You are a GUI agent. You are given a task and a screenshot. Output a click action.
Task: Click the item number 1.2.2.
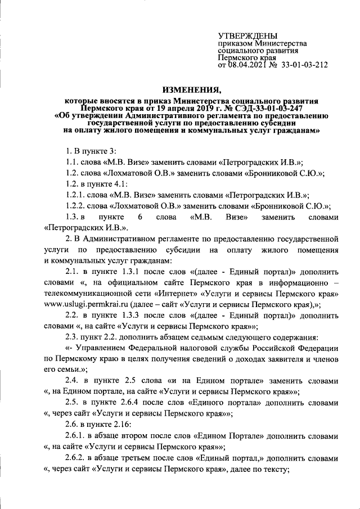pos(76,206)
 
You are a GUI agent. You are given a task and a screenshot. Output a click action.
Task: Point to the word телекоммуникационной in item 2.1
pos(87,294)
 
